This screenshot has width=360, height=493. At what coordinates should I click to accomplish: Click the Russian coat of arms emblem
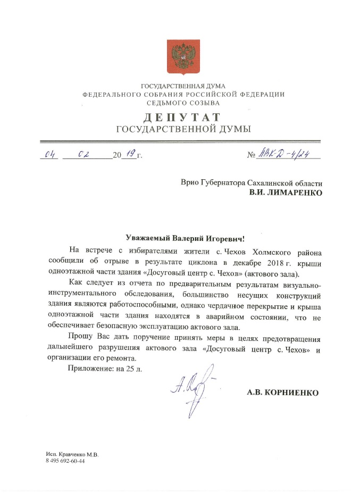(x=183, y=56)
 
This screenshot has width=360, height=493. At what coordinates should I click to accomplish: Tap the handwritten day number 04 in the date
(x=51, y=155)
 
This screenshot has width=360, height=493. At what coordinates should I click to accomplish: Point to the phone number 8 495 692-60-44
(x=65, y=461)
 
